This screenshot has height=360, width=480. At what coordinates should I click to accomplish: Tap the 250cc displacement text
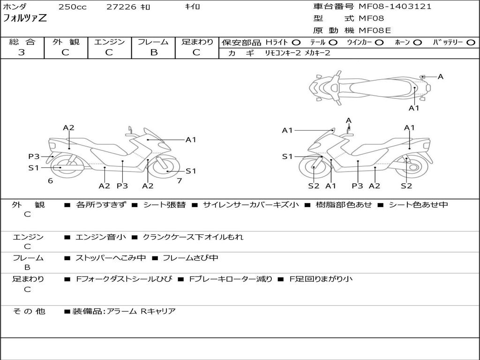[72, 7]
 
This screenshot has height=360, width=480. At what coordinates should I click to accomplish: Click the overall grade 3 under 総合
[22, 52]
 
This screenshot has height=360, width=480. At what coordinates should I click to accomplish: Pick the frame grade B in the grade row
[153, 52]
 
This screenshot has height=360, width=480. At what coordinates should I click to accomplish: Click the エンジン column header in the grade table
[109, 42]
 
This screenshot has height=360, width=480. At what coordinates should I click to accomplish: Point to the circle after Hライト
[296, 43]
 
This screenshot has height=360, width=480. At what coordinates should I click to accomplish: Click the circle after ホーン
[418, 43]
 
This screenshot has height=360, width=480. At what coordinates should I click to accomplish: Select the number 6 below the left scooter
[50, 180]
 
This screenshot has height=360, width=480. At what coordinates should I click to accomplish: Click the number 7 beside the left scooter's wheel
[179, 180]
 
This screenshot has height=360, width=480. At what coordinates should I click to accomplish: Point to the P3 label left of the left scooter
[34, 157]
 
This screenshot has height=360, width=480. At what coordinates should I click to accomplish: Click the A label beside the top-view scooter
[440, 76]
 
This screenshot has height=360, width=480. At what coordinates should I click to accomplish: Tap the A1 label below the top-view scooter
[414, 108]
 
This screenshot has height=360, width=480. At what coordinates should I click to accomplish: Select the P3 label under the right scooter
[357, 186]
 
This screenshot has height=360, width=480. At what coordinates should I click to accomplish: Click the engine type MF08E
[375, 30]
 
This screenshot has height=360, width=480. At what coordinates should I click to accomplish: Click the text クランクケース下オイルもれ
[193, 237]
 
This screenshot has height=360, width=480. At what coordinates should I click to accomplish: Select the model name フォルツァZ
[25, 19]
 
